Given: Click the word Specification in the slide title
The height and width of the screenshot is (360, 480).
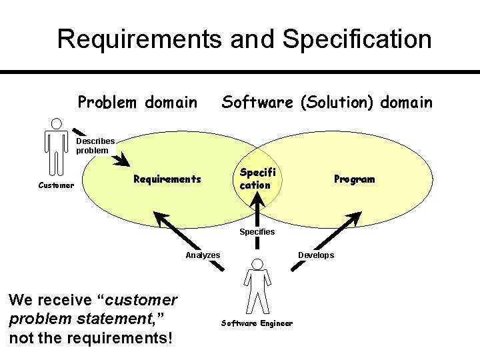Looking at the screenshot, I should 357,39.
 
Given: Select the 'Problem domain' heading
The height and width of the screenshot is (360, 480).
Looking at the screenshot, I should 137,102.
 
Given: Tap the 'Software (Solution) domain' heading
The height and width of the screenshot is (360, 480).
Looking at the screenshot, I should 327,102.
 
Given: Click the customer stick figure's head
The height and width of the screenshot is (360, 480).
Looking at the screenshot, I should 57,123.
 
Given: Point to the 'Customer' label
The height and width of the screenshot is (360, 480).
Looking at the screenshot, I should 56,185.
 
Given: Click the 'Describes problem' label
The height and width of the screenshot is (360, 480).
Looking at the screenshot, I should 95,145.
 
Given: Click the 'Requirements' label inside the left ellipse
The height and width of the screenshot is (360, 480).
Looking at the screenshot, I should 167,179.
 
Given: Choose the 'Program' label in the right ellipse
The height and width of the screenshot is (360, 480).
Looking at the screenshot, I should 354,179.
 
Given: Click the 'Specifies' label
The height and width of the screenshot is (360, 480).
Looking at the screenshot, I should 257,231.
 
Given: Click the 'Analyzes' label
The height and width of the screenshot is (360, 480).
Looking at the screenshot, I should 203,255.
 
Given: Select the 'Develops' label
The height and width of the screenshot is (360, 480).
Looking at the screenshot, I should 316,255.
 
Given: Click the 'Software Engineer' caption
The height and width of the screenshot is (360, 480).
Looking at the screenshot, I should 257,323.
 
